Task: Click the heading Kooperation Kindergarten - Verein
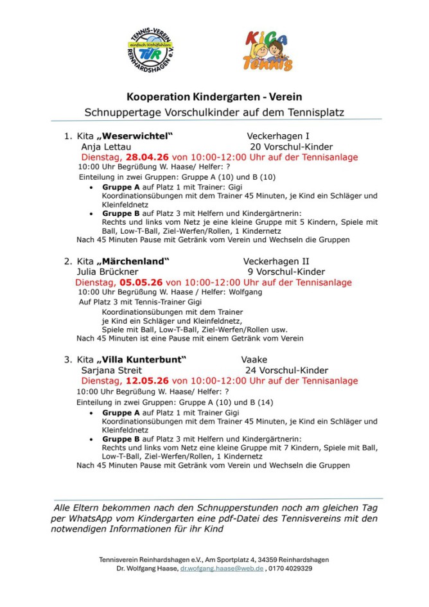point(214,97)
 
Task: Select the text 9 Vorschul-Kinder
point(286,272)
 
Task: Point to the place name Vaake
point(254,360)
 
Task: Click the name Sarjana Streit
point(112,370)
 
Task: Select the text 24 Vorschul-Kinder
point(286,370)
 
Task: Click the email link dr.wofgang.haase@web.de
point(222,568)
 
